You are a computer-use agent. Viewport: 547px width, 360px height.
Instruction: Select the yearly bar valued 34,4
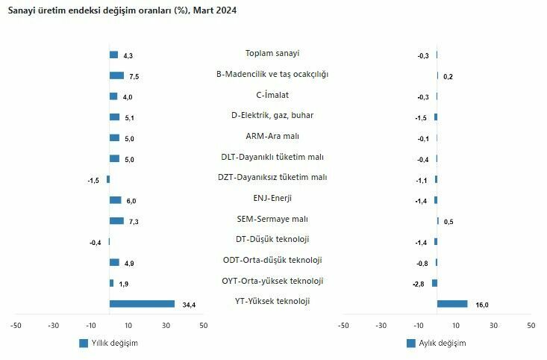142,304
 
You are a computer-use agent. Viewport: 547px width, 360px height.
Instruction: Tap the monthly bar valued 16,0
452,304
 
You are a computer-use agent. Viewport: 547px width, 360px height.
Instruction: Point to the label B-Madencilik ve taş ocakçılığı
272,74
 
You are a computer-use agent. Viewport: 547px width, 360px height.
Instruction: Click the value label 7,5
134,76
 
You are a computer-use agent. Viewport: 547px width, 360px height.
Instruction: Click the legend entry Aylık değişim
436,343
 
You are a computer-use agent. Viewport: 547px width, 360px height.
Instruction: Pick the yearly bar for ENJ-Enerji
115,200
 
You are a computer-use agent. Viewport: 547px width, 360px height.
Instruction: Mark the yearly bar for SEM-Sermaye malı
116,221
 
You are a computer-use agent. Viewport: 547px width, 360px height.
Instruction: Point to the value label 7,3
134,222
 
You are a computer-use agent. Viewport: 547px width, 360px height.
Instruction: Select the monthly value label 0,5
448,222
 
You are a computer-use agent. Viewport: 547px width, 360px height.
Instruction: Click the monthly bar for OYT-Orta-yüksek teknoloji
434,283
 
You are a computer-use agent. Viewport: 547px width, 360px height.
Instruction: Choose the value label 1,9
123,284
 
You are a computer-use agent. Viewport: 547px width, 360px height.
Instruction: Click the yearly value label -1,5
94,180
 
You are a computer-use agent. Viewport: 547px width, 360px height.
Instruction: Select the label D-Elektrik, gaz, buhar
272,115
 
